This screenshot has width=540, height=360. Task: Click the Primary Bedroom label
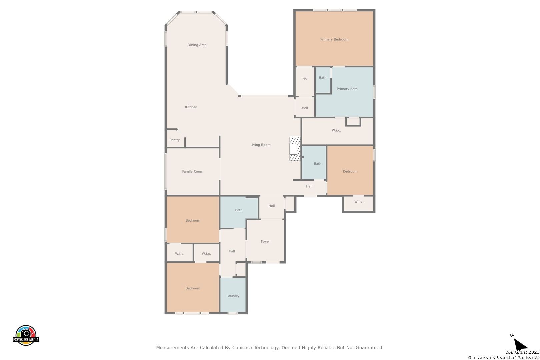coord(334,39)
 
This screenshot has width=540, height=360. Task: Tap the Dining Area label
coord(197,45)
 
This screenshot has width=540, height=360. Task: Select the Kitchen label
coord(191,107)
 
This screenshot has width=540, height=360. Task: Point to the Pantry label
coord(175,140)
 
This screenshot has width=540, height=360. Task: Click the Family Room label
coord(193,171)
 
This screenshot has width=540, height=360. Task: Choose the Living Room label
coord(260,145)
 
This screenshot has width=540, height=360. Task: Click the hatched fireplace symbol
coord(295,149)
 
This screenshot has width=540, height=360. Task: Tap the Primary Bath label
coord(347,89)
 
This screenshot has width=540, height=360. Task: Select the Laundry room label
coord(233,296)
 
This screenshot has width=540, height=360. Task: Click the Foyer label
coord(265,241)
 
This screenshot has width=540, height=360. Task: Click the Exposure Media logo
coord(26,335)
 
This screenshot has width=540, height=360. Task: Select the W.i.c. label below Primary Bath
coord(336,130)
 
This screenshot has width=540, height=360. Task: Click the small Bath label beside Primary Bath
coord(323,78)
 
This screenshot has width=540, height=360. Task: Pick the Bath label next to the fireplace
coord(317,163)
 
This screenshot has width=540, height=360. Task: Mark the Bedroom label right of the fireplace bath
coord(350,171)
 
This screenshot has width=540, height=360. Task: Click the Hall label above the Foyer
coord(271,206)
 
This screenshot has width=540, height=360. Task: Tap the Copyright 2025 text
coord(522,352)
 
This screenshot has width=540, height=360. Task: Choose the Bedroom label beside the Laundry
coord(193,288)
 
